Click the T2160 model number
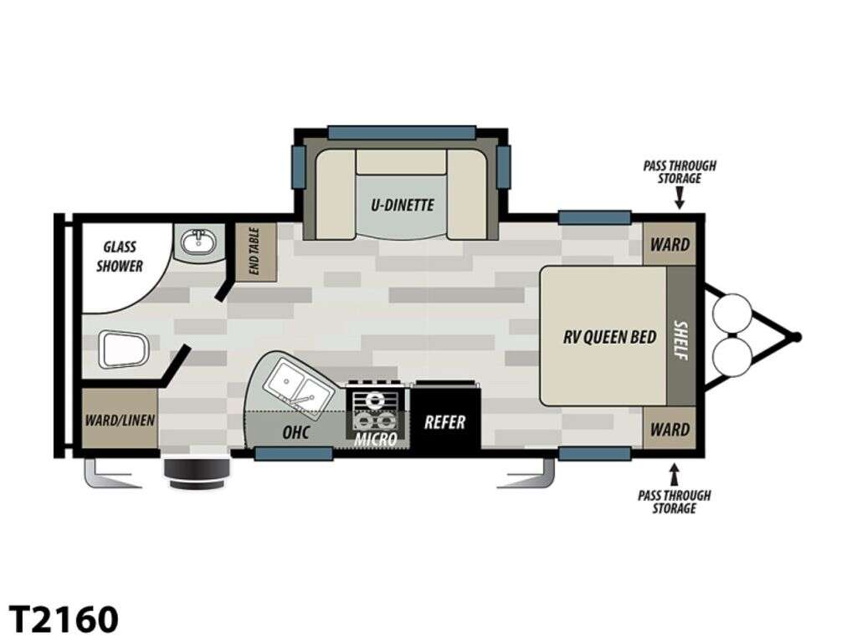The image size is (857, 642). [64, 619]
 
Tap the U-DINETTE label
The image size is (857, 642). [403, 206]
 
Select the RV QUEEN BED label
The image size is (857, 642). [609, 337]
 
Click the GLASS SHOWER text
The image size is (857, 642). [120, 257]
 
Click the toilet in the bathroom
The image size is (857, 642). [124, 349]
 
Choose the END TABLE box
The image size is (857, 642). [256, 252]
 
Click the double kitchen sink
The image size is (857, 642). [298, 384]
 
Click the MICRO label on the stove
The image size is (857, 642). [375, 439]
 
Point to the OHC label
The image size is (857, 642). [295, 432]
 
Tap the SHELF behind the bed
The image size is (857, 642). [680, 337]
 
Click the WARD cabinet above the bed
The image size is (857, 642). [670, 244]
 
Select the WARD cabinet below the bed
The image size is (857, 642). [670, 429]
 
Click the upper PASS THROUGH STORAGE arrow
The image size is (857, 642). [680, 198]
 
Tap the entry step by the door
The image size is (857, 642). [198, 472]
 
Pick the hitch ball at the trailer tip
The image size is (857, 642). [797, 338]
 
